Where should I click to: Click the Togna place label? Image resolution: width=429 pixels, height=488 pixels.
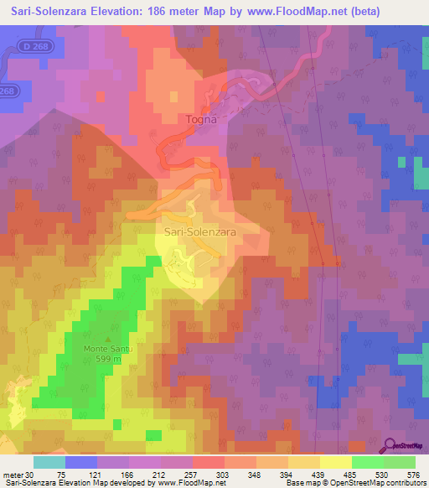point(200,119)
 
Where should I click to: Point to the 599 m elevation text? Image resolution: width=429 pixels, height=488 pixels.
point(108,359)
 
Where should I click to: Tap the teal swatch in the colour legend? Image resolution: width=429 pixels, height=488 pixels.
point(49,462)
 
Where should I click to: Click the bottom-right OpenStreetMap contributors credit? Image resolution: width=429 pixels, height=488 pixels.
point(374,483)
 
